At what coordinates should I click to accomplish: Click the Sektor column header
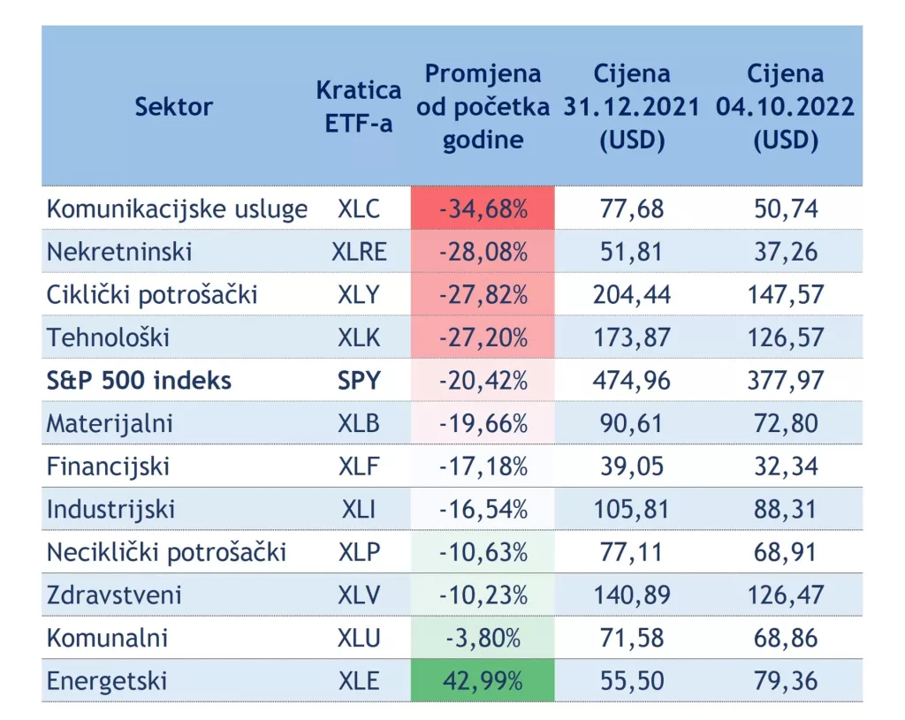point(174,107)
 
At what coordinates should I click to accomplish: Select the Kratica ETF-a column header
point(358,107)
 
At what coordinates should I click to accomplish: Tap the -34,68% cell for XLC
point(483,209)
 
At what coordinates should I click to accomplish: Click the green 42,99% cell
point(483,681)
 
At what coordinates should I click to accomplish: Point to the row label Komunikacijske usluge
point(177,209)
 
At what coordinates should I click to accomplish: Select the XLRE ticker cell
point(359,252)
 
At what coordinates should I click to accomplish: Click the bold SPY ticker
point(359,381)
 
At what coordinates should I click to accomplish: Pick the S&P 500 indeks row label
point(139,381)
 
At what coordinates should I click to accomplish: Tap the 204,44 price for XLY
point(632,294)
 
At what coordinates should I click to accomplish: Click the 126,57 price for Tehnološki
point(786,337)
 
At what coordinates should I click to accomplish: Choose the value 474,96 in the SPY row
point(632,381)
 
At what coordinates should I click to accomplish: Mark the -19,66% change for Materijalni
point(483,423)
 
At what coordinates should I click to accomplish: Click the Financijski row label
point(108,466)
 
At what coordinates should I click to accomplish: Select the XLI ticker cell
point(359,509)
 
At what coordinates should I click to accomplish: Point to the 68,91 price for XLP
point(786,552)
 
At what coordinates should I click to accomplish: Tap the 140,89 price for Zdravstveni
point(632,595)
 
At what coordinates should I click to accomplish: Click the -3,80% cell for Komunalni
point(483,638)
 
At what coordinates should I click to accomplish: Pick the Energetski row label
point(107,681)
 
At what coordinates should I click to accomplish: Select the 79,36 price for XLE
point(786,681)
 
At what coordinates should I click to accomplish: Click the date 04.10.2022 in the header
point(786,107)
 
